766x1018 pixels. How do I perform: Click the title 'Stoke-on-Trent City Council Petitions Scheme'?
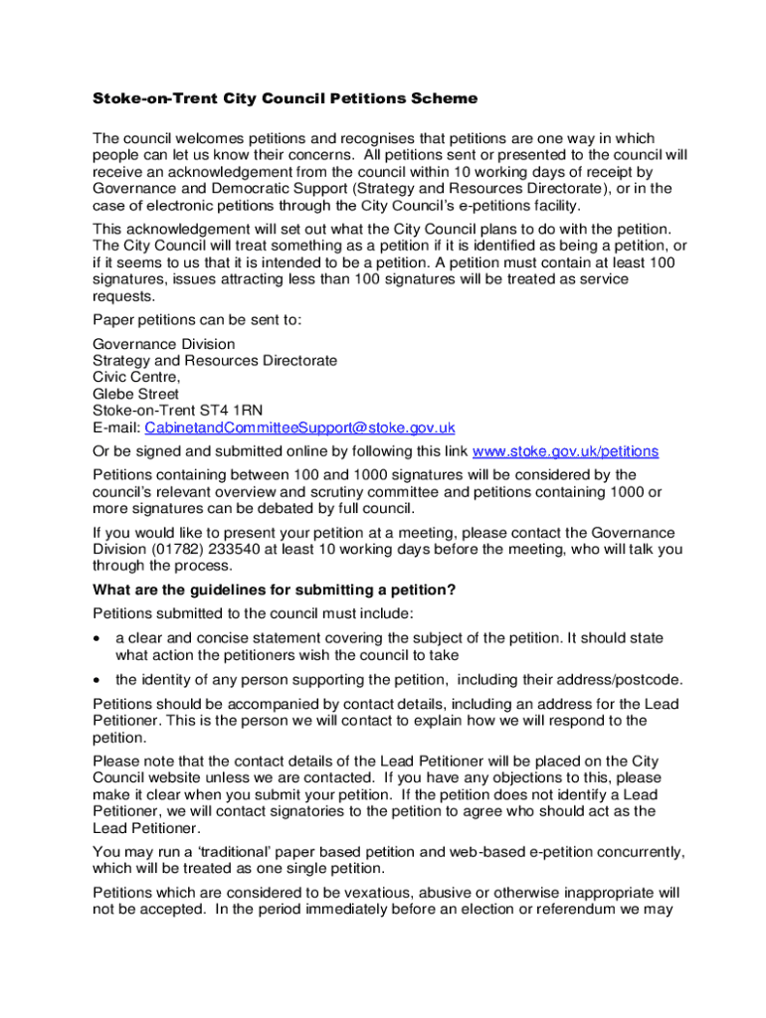coord(285,98)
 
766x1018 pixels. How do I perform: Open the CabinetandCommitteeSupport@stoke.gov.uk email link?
coord(299,427)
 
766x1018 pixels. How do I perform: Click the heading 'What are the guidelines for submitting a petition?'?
coord(274,591)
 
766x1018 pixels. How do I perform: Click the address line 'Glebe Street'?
coord(136,394)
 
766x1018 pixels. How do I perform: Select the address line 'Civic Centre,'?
coord(136,377)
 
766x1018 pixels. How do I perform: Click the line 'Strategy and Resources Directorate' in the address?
coord(214,361)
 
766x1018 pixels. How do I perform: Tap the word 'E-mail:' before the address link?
coord(116,427)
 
